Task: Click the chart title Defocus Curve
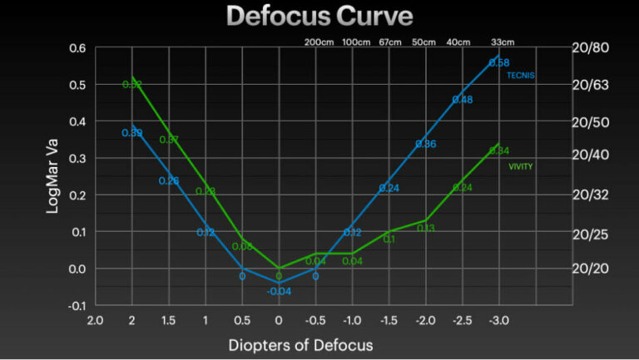pos(319,17)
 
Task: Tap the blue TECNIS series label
pos(521,76)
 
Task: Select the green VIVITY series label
pos(521,166)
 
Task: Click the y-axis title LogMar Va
pos(53,175)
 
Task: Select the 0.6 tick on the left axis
pos(77,48)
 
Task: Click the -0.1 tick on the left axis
pos(76,305)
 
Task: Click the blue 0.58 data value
pos(499,62)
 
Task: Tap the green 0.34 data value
pos(499,150)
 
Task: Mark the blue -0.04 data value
pos(279,291)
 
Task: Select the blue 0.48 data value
pos(463,100)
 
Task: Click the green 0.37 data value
pos(169,140)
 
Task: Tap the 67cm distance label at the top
pos(389,42)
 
